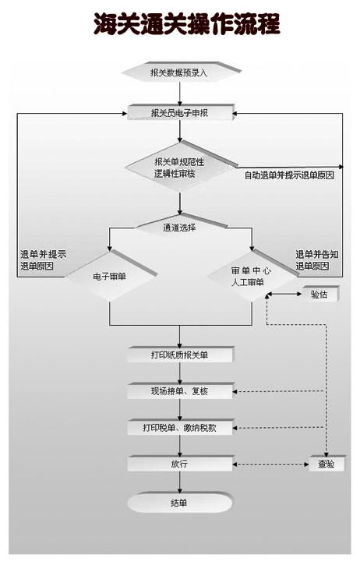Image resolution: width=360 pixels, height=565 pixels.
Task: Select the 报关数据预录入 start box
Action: pos(179,72)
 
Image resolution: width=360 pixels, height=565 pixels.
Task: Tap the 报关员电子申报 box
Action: pos(179,113)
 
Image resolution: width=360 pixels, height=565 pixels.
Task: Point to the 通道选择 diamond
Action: pos(179,228)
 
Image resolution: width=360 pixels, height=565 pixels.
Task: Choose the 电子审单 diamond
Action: pos(110,276)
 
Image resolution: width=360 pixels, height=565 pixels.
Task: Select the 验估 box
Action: pos(318,295)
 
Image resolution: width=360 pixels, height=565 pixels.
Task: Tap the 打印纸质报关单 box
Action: pos(179,355)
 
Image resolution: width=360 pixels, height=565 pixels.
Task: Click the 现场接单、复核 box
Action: pos(179,391)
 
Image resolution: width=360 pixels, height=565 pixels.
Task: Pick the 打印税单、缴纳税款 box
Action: pos(179,428)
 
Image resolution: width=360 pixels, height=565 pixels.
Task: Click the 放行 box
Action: pos(179,464)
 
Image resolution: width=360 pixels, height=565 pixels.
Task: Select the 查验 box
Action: pos(326,464)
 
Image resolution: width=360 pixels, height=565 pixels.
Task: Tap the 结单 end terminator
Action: pos(179,503)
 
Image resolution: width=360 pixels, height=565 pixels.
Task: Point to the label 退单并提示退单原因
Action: pos(43,260)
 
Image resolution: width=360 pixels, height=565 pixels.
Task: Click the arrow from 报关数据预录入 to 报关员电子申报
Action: pos(179,92)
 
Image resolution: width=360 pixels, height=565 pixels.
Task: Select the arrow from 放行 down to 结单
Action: pos(179,482)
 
